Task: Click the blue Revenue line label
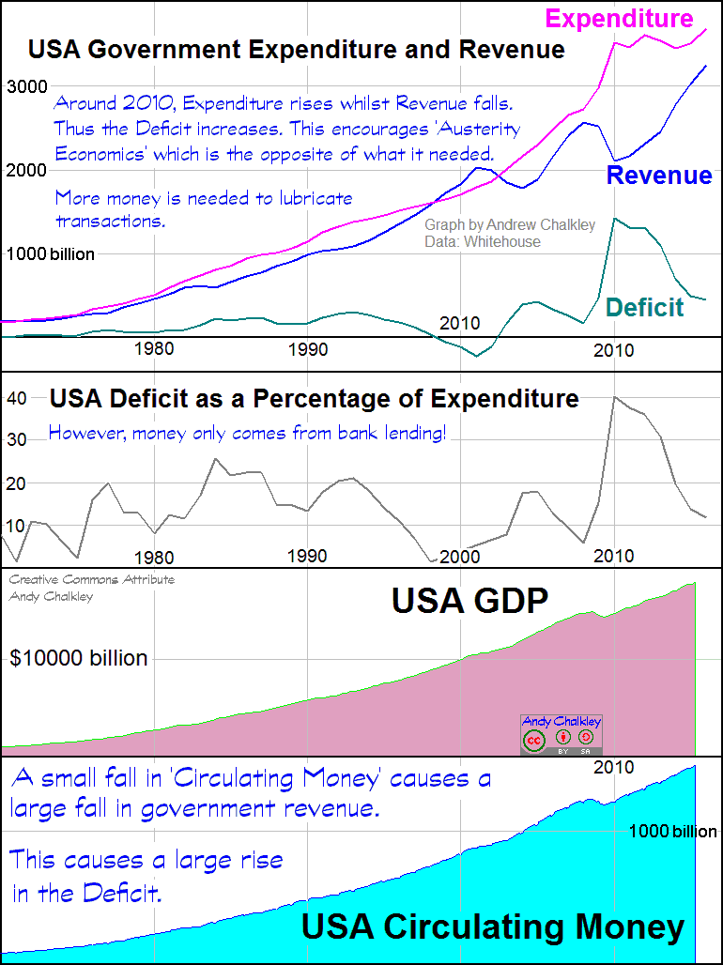(658, 175)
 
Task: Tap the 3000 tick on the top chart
(27, 86)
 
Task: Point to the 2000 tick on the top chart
(27, 170)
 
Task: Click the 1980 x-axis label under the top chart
(154, 349)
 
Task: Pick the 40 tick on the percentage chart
(17, 398)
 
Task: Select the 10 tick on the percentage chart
(17, 526)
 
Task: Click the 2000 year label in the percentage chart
(460, 556)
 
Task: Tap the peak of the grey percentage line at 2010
(614, 397)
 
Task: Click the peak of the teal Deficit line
(614, 219)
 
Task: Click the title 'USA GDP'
(469, 600)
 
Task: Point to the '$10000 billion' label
(79, 658)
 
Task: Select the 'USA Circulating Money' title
(493, 927)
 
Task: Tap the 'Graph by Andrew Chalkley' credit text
(509, 225)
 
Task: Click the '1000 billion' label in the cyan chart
(671, 832)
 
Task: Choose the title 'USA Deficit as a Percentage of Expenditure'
(314, 398)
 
